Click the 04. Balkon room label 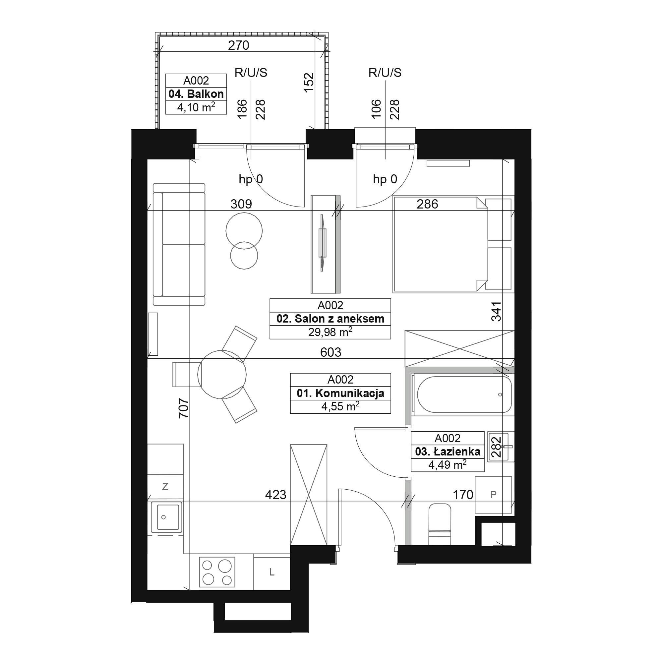[196, 94]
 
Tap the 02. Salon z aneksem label [330, 319]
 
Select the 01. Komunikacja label [340, 393]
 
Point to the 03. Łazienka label [448, 452]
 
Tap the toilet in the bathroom [440, 524]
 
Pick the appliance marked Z [165, 486]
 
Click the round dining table [222, 374]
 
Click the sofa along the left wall [179, 244]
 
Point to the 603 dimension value [331, 352]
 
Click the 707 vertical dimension [184, 408]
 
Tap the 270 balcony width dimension [238, 45]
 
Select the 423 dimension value [275, 495]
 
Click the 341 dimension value [496, 311]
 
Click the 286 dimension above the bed [427, 204]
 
